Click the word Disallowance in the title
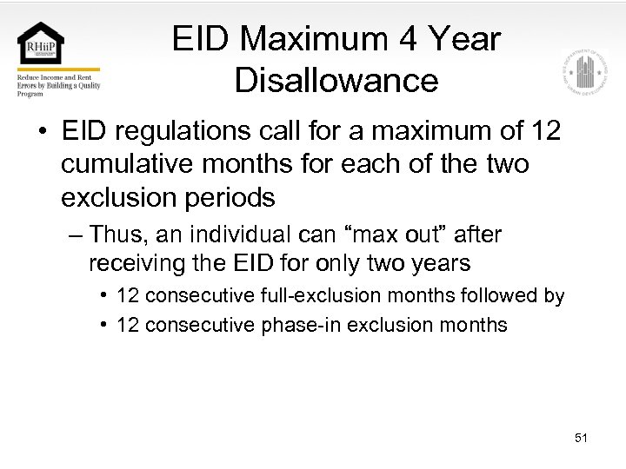pyautogui.click(x=336, y=81)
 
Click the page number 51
pyautogui.click(x=581, y=438)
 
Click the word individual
pyautogui.click(x=233, y=234)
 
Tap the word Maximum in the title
pyautogui.click(x=318, y=39)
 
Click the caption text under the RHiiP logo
pyautogui.click(x=58, y=85)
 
